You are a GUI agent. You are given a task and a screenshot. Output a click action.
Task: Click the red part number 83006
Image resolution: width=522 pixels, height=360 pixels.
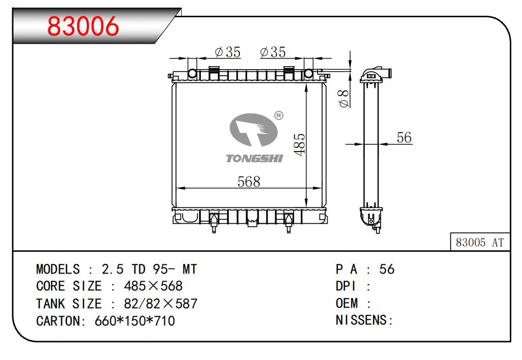(83, 26)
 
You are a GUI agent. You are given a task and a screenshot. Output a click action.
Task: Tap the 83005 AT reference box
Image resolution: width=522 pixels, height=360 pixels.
(480, 242)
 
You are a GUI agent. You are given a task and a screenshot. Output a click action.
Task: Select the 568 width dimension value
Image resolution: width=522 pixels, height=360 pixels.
(249, 182)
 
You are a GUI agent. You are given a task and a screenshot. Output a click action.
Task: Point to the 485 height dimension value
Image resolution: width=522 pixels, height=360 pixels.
(300, 144)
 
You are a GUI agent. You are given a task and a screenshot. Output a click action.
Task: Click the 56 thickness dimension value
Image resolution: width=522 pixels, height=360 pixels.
(404, 137)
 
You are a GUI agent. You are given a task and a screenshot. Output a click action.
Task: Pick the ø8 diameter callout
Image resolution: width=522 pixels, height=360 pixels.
(344, 99)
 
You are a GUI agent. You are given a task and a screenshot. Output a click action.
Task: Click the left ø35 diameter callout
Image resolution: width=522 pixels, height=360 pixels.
(228, 52)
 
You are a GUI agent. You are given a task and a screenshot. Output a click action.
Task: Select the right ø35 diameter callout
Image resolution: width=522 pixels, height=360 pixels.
(273, 52)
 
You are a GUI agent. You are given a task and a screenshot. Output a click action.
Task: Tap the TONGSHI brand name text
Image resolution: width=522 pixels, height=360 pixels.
(255, 159)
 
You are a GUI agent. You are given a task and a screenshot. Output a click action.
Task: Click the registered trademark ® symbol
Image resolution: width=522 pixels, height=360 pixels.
(279, 115)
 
